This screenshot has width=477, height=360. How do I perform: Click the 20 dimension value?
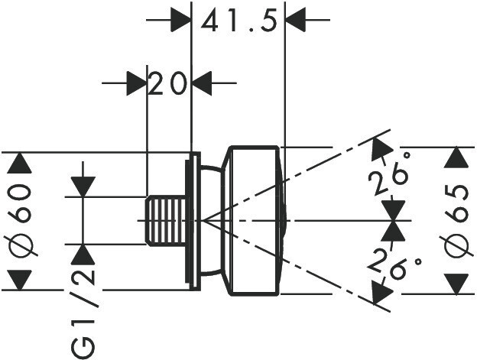tap(168, 83)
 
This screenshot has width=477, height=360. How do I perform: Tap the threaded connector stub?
tap(167, 221)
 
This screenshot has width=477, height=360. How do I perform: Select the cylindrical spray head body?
tap(253, 221)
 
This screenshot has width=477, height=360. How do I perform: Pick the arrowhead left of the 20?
tap(135, 82)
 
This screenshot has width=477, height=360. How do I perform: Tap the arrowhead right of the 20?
tap(203, 82)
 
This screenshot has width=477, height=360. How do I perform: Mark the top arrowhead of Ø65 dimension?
tap(456, 158)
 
